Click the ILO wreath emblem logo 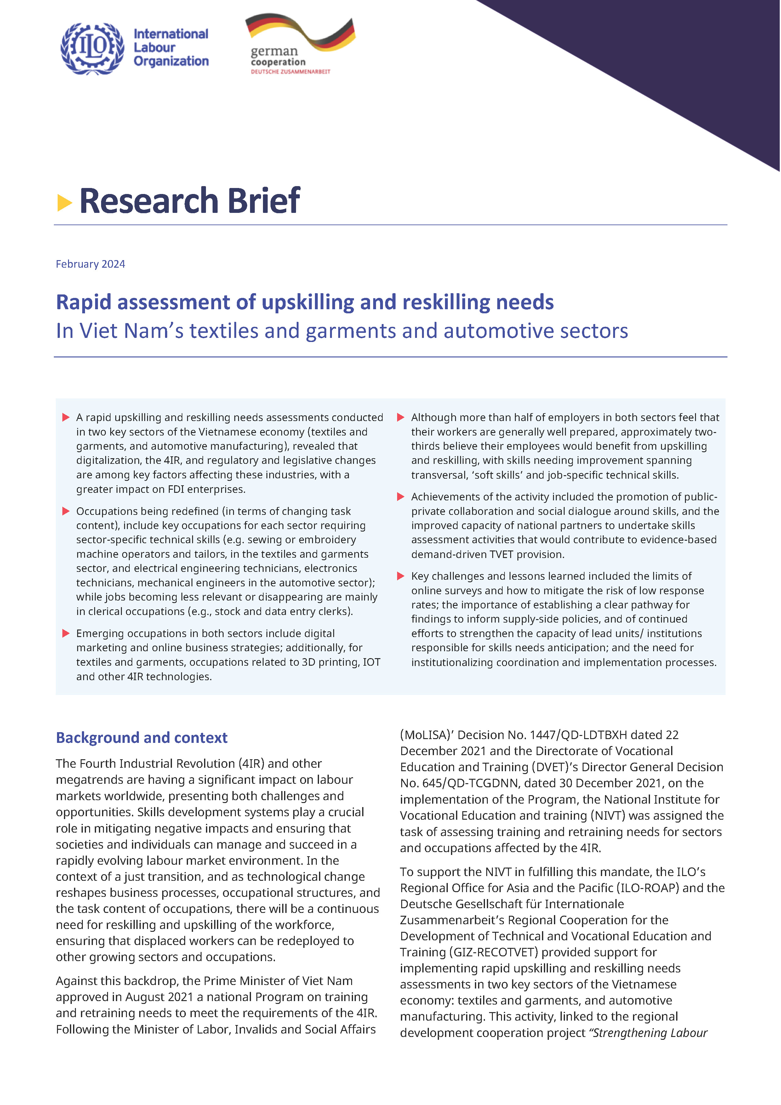(92, 48)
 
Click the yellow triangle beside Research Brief (64, 202)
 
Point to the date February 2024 (90, 264)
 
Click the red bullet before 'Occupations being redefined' (66, 511)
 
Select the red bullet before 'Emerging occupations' (66, 633)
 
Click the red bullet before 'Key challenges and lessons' (400, 576)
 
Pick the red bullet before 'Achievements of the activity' (400, 497)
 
